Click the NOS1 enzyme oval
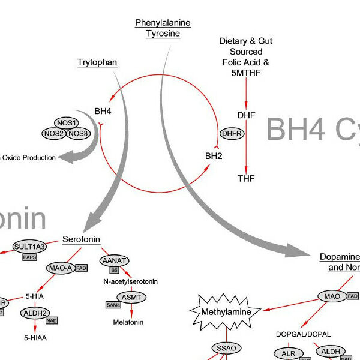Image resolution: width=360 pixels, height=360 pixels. [x=67, y=122]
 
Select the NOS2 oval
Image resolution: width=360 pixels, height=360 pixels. [x=54, y=133]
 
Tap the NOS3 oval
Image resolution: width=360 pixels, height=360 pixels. [x=79, y=133]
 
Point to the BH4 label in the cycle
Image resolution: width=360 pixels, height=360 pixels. [x=103, y=111]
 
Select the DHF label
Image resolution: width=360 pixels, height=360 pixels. [x=245, y=114]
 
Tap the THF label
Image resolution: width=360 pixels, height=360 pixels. [x=246, y=178]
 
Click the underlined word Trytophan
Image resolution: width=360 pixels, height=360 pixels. [x=97, y=62]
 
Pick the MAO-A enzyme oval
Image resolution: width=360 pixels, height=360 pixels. [x=61, y=268]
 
